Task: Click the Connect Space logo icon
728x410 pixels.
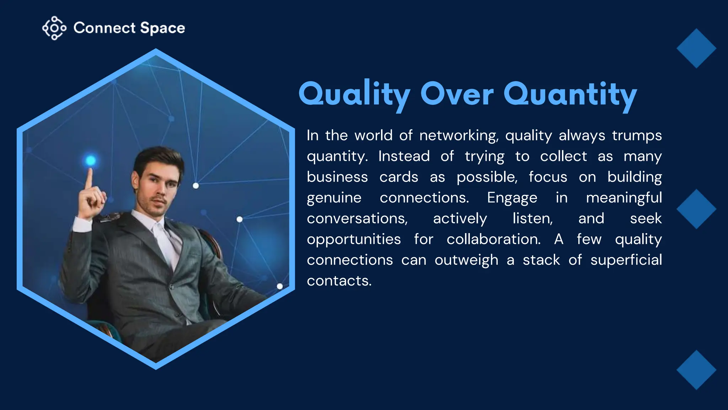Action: click(x=54, y=28)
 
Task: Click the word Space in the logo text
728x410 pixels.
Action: click(x=162, y=28)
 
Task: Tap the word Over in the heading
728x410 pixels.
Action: click(x=457, y=94)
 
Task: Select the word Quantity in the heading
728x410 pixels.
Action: click(x=570, y=94)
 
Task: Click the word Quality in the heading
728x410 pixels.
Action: click(x=354, y=94)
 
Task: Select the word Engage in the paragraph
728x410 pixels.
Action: click(x=512, y=198)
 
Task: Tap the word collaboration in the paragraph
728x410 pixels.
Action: click(x=493, y=239)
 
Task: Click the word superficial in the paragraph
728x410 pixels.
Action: click(x=626, y=260)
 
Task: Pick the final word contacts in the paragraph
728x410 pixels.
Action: click(x=339, y=281)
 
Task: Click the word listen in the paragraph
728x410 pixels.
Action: click(x=532, y=219)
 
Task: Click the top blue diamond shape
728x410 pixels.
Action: click(x=696, y=48)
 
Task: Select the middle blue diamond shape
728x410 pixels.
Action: click(x=696, y=209)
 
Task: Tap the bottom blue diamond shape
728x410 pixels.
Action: click(x=696, y=370)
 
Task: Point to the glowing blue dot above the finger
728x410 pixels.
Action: click(x=91, y=161)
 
